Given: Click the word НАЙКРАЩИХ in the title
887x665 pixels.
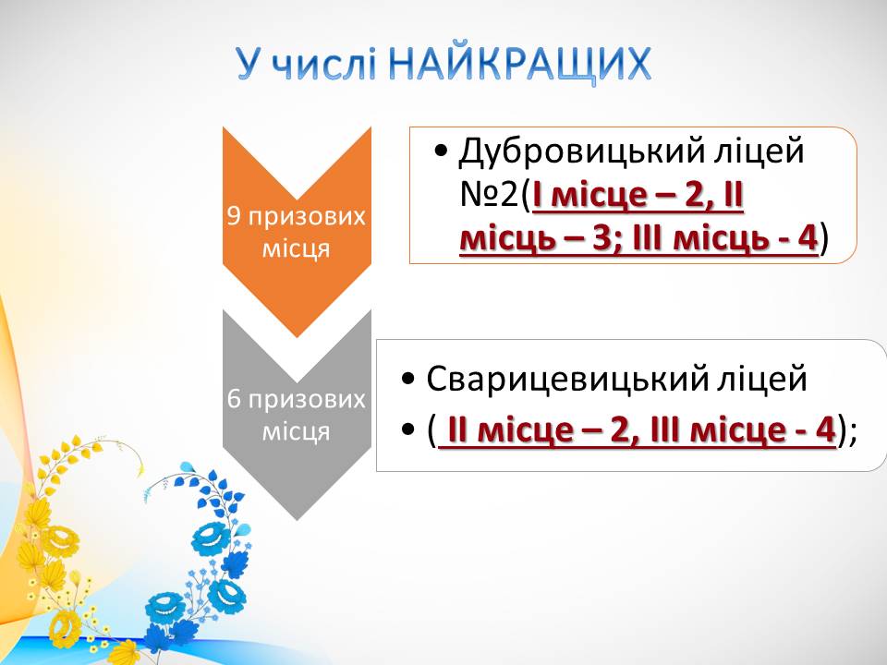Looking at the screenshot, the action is (520, 64).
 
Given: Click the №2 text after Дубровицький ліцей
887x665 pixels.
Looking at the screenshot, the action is (489, 195).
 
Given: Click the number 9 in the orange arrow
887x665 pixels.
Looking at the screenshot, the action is (235, 216).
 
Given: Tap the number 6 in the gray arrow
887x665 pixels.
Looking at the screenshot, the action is (235, 399).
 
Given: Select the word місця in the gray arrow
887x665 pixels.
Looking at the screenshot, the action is (297, 432).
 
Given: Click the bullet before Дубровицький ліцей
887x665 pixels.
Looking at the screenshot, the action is (441, 151).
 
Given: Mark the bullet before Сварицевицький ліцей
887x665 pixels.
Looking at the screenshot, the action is (407, 379).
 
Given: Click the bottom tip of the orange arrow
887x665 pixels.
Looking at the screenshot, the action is (297, 338).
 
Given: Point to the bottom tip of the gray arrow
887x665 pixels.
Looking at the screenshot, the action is (297, 520).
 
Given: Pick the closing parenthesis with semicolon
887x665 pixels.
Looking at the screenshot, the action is (847, 431).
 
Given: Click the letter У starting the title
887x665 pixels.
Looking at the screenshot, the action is (251, 64).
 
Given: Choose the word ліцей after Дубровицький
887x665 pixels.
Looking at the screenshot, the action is (759, 152).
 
